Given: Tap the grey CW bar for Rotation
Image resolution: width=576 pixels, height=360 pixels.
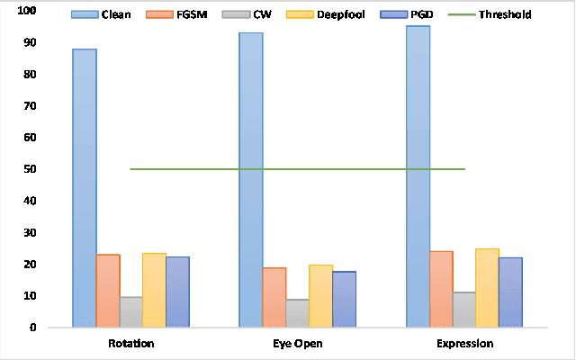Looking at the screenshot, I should (x=131, y=311).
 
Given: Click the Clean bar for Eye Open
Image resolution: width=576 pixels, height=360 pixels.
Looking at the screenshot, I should (x=251, y=180).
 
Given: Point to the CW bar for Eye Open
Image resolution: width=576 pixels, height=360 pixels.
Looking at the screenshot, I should (x=298, y=312).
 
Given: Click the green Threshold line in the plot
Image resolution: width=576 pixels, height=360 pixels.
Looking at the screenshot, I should (x=297, y=169).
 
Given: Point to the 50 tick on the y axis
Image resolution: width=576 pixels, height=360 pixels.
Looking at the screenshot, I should (x=30, y=169).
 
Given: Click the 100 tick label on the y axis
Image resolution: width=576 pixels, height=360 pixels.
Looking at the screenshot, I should (x=26, y=11).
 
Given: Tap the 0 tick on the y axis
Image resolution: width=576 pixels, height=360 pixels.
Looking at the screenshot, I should (x=32, y=328).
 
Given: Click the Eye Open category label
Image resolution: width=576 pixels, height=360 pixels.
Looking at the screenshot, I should (x=297, y=344).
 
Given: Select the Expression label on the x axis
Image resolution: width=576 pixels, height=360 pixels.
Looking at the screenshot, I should (x=463, y=344).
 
